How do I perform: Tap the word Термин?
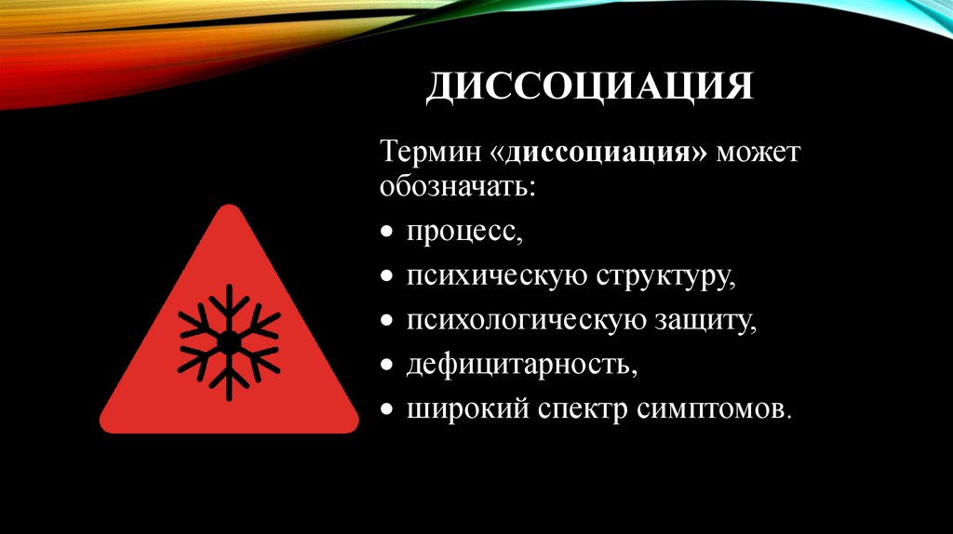429,152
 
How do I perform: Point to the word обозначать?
457,185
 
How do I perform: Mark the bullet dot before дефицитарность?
386,365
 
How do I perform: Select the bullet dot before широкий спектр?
386,409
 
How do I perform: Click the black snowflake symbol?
228,342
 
